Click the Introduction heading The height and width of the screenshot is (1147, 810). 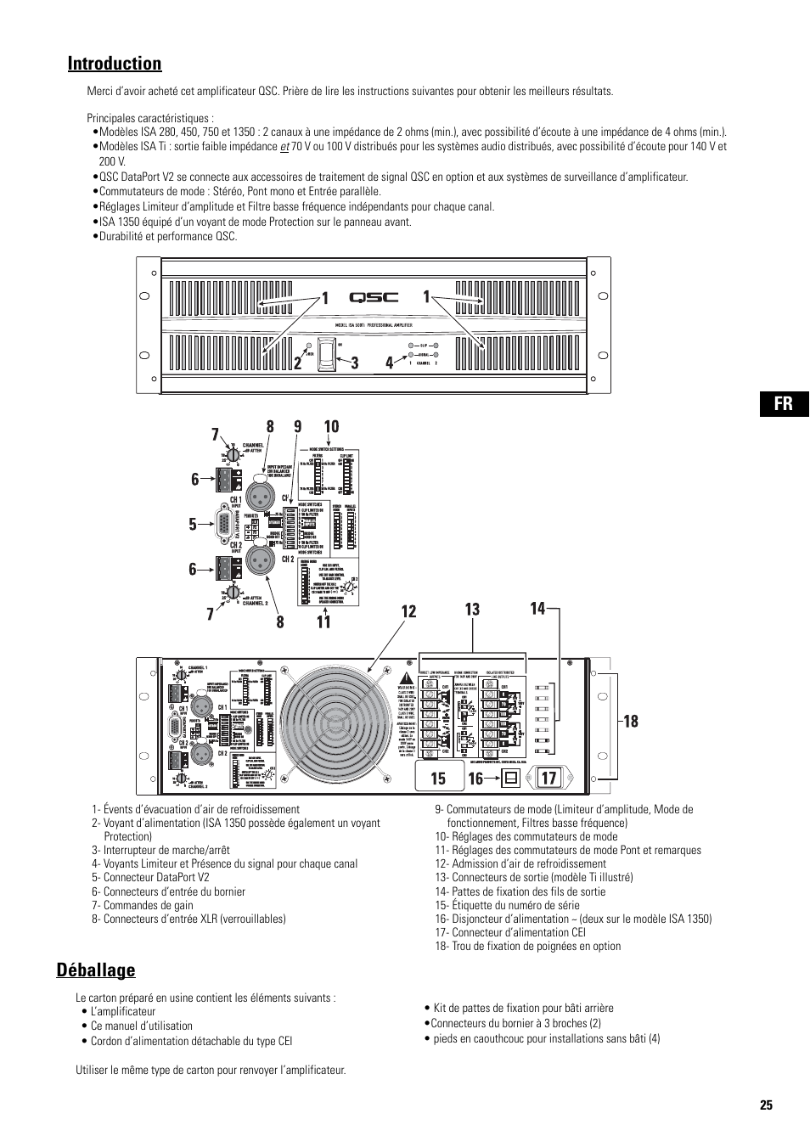click(x=115, y=64)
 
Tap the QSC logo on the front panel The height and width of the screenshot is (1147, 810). click(x=374, y=298)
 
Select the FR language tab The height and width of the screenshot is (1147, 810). click(x=781, y=403)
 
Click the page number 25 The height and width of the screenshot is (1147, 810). click(x=766, y=1105)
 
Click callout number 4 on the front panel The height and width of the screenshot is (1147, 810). click(x=389, y=363)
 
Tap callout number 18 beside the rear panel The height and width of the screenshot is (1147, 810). click(x=630, y=721)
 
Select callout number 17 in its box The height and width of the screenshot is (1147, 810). click(x=548, y=777)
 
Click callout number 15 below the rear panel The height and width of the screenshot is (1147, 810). click(x=438, y=778)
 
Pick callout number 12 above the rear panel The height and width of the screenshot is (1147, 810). click(x=408, y=611)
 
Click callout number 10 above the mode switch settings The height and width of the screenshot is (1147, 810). click(x=330, y=426)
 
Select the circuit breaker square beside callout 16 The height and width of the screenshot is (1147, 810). click(x=511, y=777)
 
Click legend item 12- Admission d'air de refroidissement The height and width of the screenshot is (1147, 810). click(x=520, y=863)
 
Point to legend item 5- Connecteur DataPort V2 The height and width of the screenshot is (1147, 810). click(x=150, y=877)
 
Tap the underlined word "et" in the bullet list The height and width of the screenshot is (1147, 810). click(x=285, y=146)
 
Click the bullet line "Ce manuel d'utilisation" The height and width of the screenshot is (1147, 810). click(x=142, y=1026)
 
